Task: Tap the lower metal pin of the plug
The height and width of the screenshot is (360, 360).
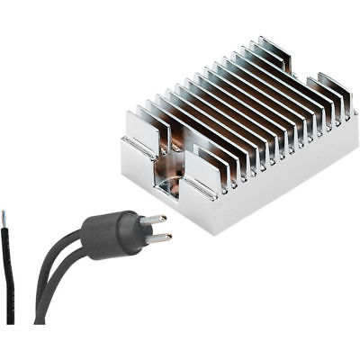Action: coord(157,238)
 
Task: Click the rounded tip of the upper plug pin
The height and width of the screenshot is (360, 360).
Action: coord(163,218)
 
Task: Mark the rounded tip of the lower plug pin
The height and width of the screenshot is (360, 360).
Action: coord(168,238)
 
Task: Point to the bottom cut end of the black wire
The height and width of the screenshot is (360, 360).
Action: coord(10,320)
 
